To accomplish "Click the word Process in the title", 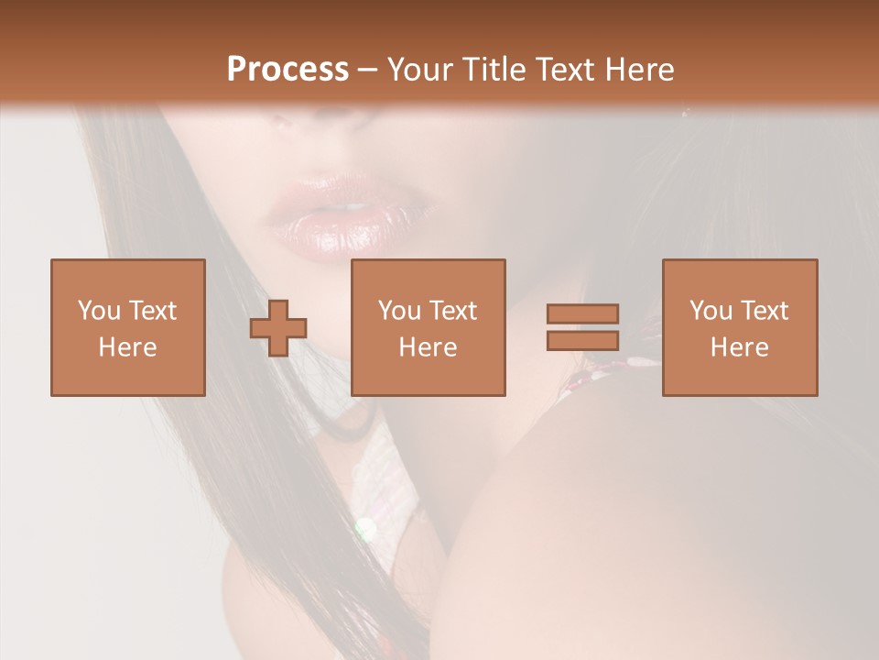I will coord(288,70).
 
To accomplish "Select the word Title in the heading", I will coord(495,70).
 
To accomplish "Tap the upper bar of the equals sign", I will coord(582,313).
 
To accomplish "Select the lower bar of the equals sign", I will coord(582,341).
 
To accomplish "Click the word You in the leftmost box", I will coord(99,311).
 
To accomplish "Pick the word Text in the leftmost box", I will coord(151,311).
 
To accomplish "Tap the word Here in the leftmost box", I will coord(127,347).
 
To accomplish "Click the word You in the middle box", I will coord(399,311).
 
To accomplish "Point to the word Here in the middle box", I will coord(428,347).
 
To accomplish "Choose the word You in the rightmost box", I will coord(711,311).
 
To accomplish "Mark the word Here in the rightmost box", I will coord(739,347).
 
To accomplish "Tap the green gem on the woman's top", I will coord(365,528).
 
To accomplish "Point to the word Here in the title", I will coord(642,70).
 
